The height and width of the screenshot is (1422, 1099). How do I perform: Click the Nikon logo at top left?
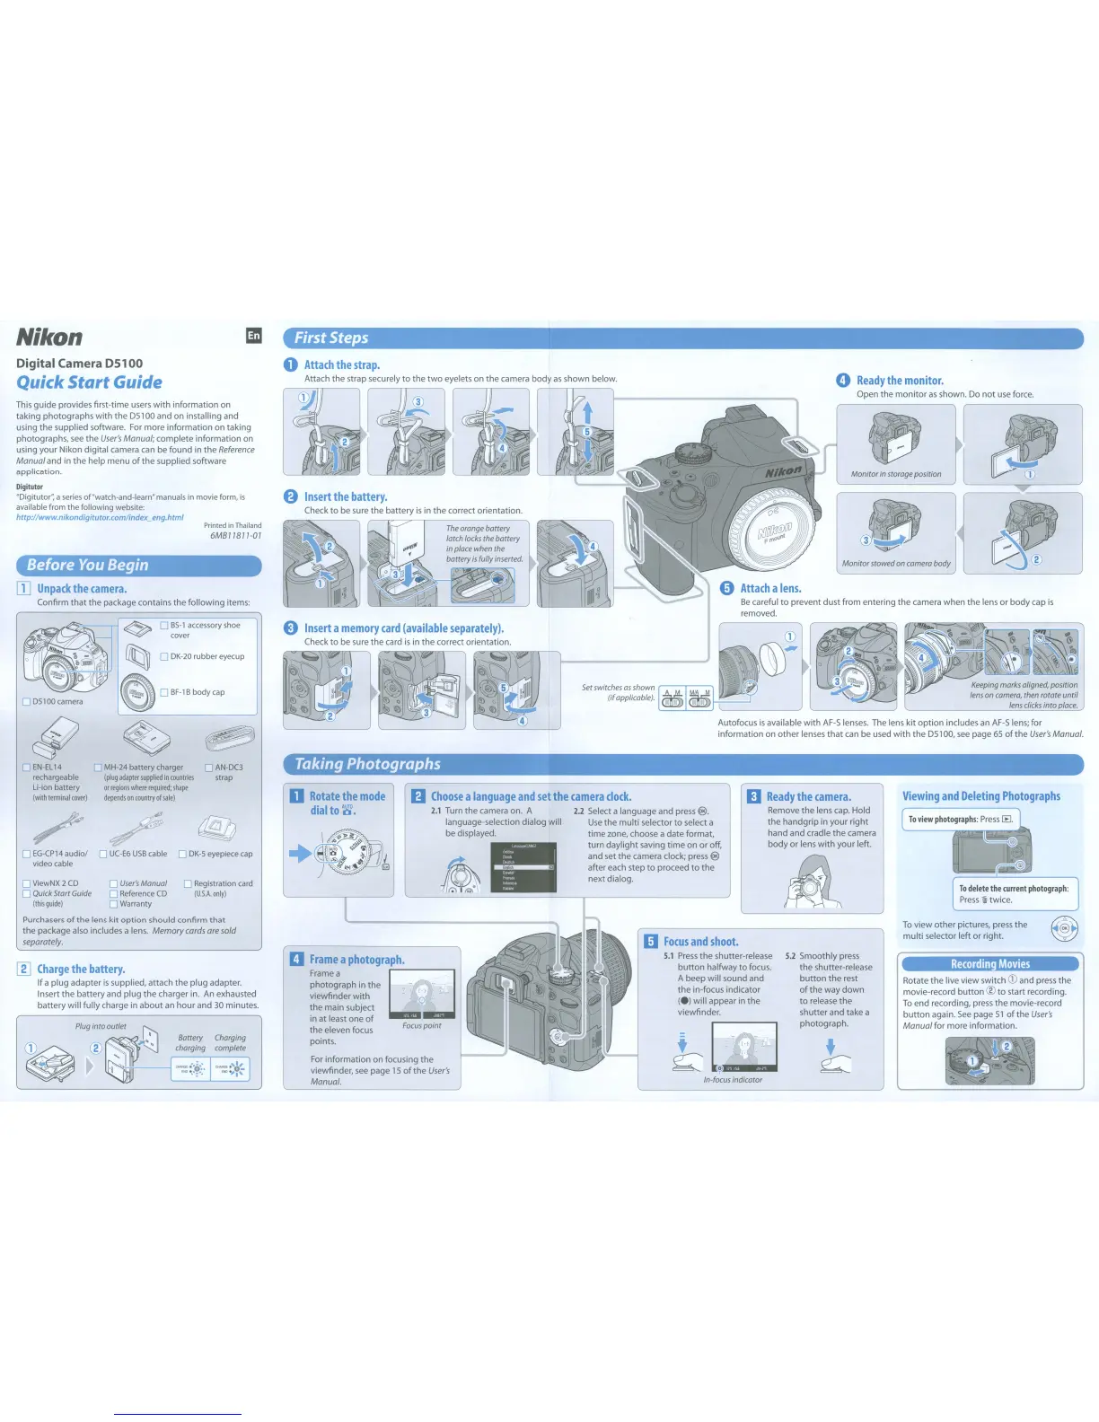tap(50, 338)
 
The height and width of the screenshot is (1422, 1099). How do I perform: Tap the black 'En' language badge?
tap(254, 336)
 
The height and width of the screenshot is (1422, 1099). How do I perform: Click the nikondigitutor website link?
tap(100, 518)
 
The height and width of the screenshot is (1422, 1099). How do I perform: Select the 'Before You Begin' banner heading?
tap(88, 566)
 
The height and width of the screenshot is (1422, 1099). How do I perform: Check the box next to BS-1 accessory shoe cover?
tap(164, 626)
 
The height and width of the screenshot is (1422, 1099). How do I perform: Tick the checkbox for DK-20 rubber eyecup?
tap(164, 657)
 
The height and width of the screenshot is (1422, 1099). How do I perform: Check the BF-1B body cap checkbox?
tap(164, 693)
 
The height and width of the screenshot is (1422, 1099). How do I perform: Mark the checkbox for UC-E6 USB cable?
tap(103, 855)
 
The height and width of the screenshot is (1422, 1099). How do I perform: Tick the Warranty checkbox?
tap(114, 904)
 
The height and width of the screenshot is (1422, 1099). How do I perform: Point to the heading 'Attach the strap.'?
tap(341, 365)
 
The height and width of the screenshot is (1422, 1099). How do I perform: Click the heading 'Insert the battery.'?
tap(345, 497)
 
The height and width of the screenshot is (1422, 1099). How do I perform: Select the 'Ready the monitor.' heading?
tap(900, 381)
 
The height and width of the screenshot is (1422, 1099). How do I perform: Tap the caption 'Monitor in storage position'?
tap(896, 474)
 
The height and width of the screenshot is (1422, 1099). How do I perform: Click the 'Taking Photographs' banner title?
tap(368, 765)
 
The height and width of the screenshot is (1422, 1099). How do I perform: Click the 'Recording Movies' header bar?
tap(989, 964)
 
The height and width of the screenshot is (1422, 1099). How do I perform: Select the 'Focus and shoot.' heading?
tap(700, 942)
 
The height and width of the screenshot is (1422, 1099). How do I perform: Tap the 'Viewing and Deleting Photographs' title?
tap(980, 796)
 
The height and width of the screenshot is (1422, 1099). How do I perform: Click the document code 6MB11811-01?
tap(235, 536)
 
